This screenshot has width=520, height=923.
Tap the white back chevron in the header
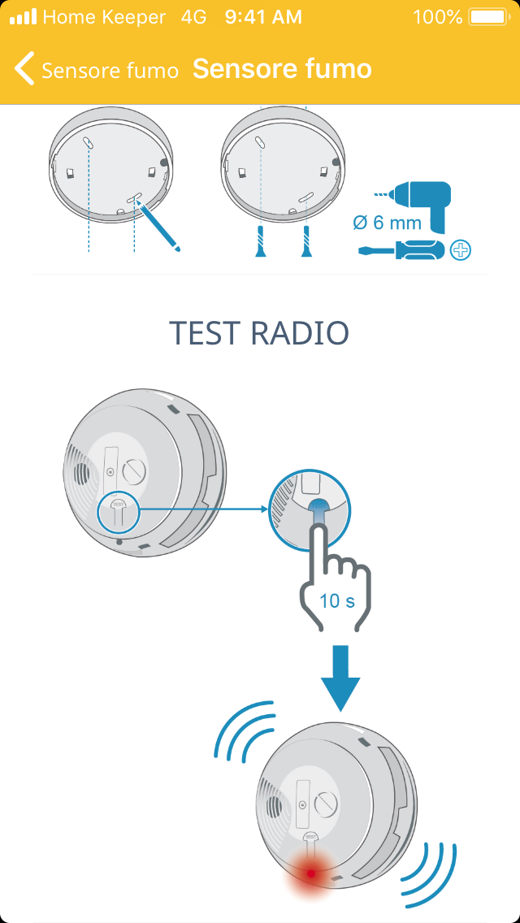pyautogui.click(x=24, y=68)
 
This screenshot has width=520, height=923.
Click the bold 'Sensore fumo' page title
pyautogui.click(x=282, y=69)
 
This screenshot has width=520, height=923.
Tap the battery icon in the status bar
pyautogui.click(x=489, y=17)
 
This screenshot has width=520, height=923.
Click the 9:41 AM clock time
pyautogui.click(x=263, y=17)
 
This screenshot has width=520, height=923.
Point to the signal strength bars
pyautogui.click(x=23, y=17)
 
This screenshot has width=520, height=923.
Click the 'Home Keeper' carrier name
pyautogui.click(x=104, y=17)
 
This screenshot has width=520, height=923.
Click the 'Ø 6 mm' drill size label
pyautogui.click(x=388, y=223)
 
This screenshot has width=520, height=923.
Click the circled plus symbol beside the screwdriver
pyautogui.click(x=461, y=250)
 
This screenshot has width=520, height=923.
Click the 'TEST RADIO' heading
pyautogui.click(x=259, y=333)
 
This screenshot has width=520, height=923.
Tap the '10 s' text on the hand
pyautogui.click(x=337, y=601)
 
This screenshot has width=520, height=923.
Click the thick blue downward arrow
pyautogui.click(x=340, y=678)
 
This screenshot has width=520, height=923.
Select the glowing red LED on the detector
pyautogui.click(x=311, y=873)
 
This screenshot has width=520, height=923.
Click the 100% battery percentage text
pyautogui.click(x=438, y=17)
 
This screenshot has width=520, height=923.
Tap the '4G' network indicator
pyautogui.click(x=193, y=17)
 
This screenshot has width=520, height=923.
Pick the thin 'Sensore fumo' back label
pyautogui.click(x=110, y=71)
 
